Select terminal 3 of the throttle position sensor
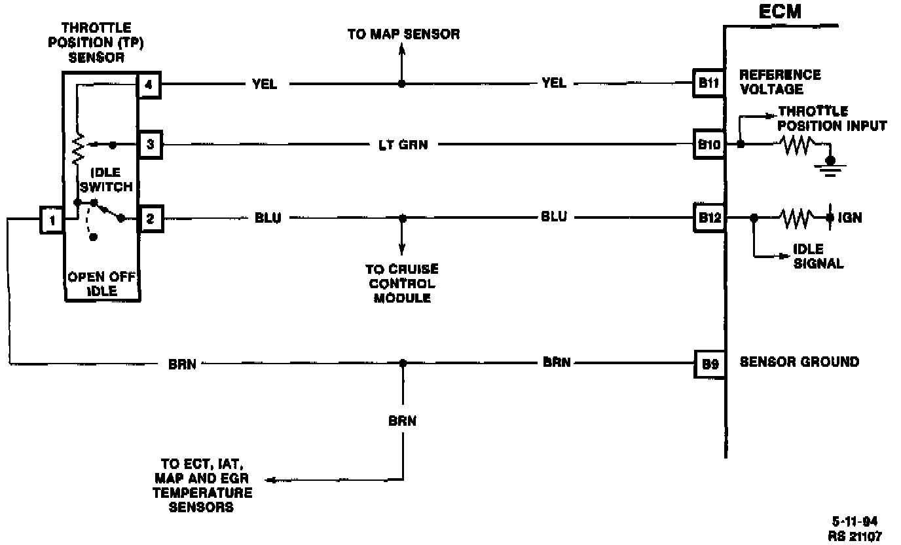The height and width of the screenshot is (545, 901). [150, 144]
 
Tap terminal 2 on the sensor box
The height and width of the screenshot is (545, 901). [150, 219]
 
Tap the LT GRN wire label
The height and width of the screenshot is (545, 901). [404, 145]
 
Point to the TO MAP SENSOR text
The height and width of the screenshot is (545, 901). [403, 34]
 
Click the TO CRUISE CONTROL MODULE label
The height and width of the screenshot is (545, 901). [402, 283]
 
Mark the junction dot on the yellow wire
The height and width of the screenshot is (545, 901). [402, 84]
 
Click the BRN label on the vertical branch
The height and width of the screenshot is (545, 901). [402, 421]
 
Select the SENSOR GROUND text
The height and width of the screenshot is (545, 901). [799, 362]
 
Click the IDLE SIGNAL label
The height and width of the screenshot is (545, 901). [818, 257]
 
